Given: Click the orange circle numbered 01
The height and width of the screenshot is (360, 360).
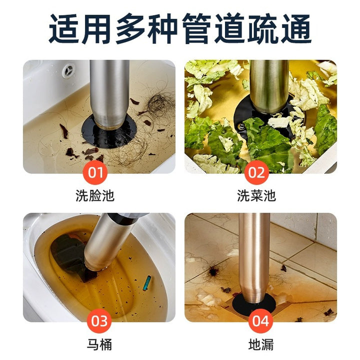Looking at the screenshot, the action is (95, 172).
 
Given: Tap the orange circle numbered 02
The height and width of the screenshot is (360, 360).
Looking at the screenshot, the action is (256, 172).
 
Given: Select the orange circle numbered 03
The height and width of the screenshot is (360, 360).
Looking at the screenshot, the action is (99, 321).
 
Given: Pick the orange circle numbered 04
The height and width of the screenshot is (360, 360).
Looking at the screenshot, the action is (260, 321).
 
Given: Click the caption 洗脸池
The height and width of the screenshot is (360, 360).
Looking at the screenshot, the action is (95, 195).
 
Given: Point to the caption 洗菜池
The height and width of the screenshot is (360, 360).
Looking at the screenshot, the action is (256, 195).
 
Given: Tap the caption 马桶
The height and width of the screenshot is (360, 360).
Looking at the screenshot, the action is (99, 344).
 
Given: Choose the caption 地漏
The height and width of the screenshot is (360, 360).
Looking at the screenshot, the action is (261, 344).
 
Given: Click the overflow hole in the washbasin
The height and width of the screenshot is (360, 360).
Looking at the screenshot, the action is (68, 70).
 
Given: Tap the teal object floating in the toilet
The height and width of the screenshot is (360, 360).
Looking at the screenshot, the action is (147, 283).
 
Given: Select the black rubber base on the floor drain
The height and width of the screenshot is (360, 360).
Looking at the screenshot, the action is (254, 304).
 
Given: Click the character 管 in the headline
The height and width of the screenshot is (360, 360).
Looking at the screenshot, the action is (196, 28).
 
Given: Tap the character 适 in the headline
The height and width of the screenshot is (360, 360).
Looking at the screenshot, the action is (63, 28).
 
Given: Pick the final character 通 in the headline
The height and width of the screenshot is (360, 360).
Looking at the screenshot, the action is (296, 28).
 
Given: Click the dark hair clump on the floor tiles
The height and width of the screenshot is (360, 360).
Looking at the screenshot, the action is (213, 271).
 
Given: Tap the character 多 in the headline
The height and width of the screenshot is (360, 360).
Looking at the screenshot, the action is (129, 28).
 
